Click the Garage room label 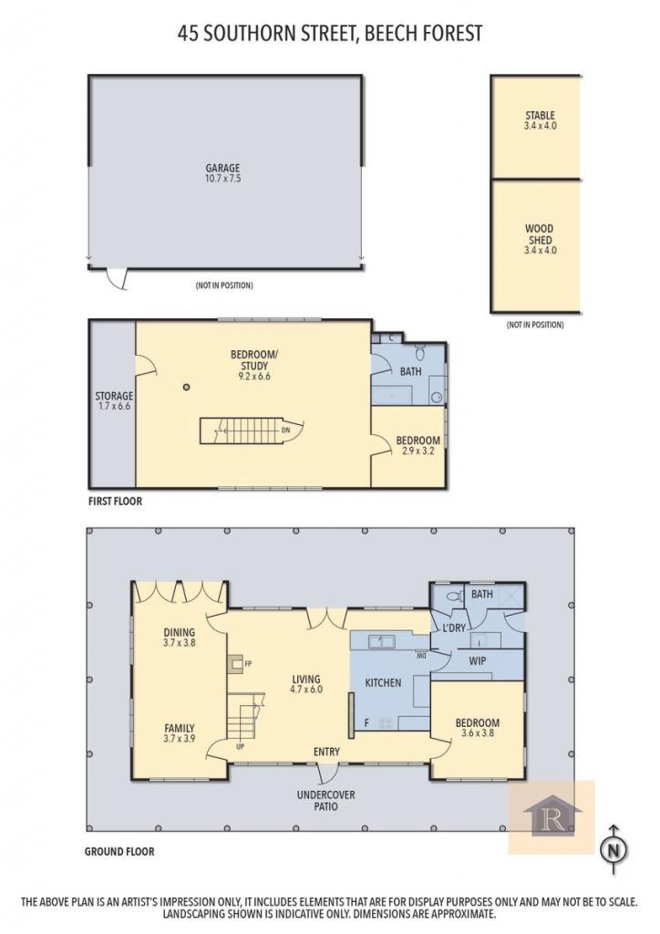point(222,168)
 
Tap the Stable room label point(540,116)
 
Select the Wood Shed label point(540,234)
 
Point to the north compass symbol point(614,850)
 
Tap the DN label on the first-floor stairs point(285,430)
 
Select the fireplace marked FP point(236,664)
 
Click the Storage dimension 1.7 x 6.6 point(114,406)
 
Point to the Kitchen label point(383,682)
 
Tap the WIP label point(478,660)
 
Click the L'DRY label point(454,628)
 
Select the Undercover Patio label point(325,801)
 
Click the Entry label point(326,752)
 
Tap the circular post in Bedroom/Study point(186,387)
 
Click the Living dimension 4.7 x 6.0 point(306,690)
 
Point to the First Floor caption point(116,501)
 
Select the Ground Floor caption point(119,852)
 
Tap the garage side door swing point(117,279)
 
